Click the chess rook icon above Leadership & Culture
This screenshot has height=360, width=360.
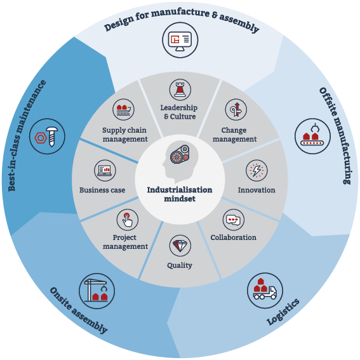180,90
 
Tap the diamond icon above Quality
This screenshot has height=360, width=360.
180,246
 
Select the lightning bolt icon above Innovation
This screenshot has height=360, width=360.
257,171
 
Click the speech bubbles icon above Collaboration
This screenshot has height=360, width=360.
234,220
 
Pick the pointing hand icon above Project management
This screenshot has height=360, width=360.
128,220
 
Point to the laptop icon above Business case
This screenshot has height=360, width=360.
105,171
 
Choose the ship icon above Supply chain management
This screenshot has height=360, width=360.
124,109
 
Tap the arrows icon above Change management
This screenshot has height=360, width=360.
236,109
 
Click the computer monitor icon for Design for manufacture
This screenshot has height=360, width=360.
180,40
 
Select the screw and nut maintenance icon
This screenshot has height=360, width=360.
47,137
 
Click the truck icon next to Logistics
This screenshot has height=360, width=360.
265,291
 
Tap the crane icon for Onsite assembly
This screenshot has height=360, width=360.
97,291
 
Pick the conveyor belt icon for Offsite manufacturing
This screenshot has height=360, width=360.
313,136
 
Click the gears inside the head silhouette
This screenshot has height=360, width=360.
180,154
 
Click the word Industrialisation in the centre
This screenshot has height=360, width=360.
180,190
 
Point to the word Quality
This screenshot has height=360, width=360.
180,265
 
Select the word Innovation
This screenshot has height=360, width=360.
257,190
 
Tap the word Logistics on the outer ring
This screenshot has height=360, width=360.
283,312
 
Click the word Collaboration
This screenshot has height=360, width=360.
234,237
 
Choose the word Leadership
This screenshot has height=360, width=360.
179,108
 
